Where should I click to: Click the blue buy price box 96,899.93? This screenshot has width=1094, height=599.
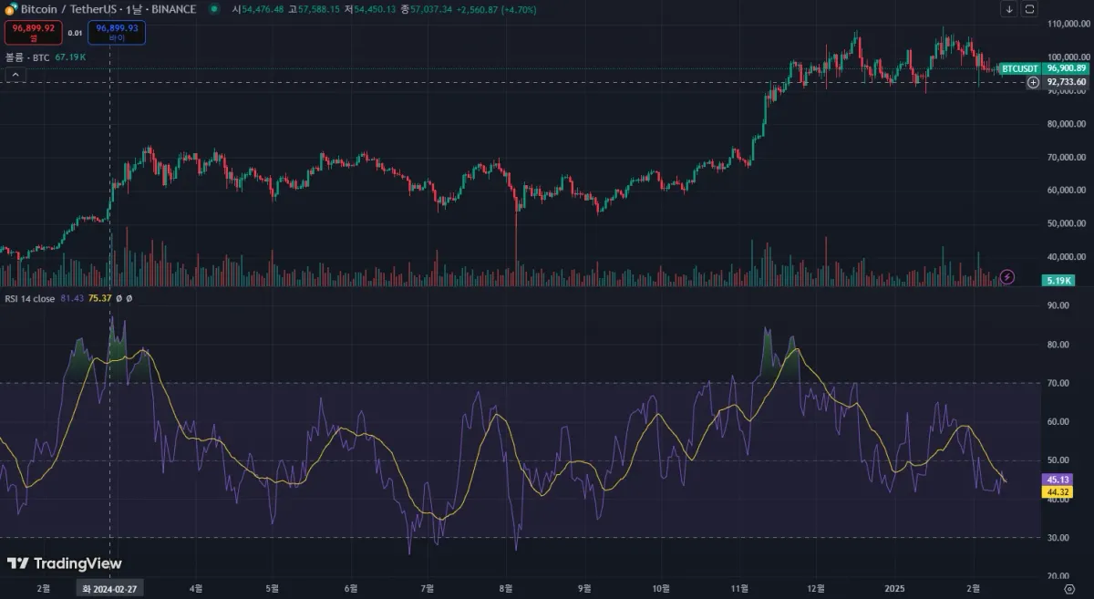pos(118,33)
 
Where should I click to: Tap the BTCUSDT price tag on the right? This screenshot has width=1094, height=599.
pos(1019,68)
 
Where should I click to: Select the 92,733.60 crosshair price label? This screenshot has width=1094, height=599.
pos(1066,82)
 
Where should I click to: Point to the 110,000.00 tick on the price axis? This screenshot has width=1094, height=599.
pos(1066,24)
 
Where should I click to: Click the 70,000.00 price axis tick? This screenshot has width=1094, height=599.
pos(1066,157)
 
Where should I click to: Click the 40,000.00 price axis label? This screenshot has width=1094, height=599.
pos(1066,257)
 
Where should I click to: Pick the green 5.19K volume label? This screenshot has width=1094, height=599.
pos(1058,281)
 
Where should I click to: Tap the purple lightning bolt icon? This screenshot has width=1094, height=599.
pos(1007,276)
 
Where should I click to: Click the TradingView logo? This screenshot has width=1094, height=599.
pos(64,563)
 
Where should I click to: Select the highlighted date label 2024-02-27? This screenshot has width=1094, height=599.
pos(109,589)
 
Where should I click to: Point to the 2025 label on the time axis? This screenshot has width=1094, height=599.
pos(895,589)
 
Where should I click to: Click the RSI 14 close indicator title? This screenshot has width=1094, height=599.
pos(30,299)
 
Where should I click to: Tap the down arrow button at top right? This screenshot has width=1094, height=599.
pos(1009,9)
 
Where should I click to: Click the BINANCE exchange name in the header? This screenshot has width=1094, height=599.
pos(175,9)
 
